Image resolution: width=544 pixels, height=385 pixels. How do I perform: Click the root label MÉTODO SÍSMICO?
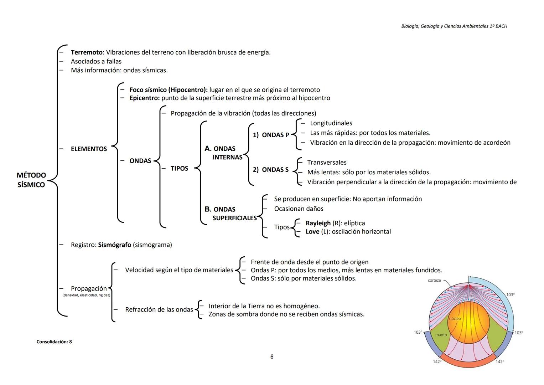tap(31, 180)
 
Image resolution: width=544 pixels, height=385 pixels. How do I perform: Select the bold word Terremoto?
tap(87, 52)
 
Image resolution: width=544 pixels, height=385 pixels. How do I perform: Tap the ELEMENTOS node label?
tap(89, 149)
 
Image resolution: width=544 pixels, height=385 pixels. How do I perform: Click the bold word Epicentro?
tap(144, 98)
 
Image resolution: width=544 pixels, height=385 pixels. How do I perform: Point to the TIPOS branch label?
tap(179, 169)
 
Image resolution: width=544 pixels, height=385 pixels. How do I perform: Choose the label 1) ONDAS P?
tap(271, 135)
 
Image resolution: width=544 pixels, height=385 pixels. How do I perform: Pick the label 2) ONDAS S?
tap(271, 170)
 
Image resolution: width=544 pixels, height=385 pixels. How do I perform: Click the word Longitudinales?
tap(331, 123)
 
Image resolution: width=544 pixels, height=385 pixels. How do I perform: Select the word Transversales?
tap(327, 163)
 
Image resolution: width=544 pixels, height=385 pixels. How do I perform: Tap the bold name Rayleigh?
tap(318, 223)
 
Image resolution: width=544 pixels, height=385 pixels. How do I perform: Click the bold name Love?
tap(312, 232)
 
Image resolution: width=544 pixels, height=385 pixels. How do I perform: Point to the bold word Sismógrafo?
tap(114, 245)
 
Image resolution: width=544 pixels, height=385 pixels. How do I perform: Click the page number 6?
tap(272, 357)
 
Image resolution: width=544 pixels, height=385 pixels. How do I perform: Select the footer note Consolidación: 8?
tap(54, 342)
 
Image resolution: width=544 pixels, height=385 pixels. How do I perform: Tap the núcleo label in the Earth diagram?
tap(455, 319)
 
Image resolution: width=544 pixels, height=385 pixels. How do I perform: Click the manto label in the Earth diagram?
tap(441, 335)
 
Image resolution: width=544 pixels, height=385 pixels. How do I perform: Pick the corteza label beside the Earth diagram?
tap(434, 281)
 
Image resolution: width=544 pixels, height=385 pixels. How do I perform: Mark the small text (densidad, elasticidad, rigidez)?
tap(86, 295)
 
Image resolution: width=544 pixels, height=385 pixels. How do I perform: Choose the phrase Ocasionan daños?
tap(299, 209)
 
